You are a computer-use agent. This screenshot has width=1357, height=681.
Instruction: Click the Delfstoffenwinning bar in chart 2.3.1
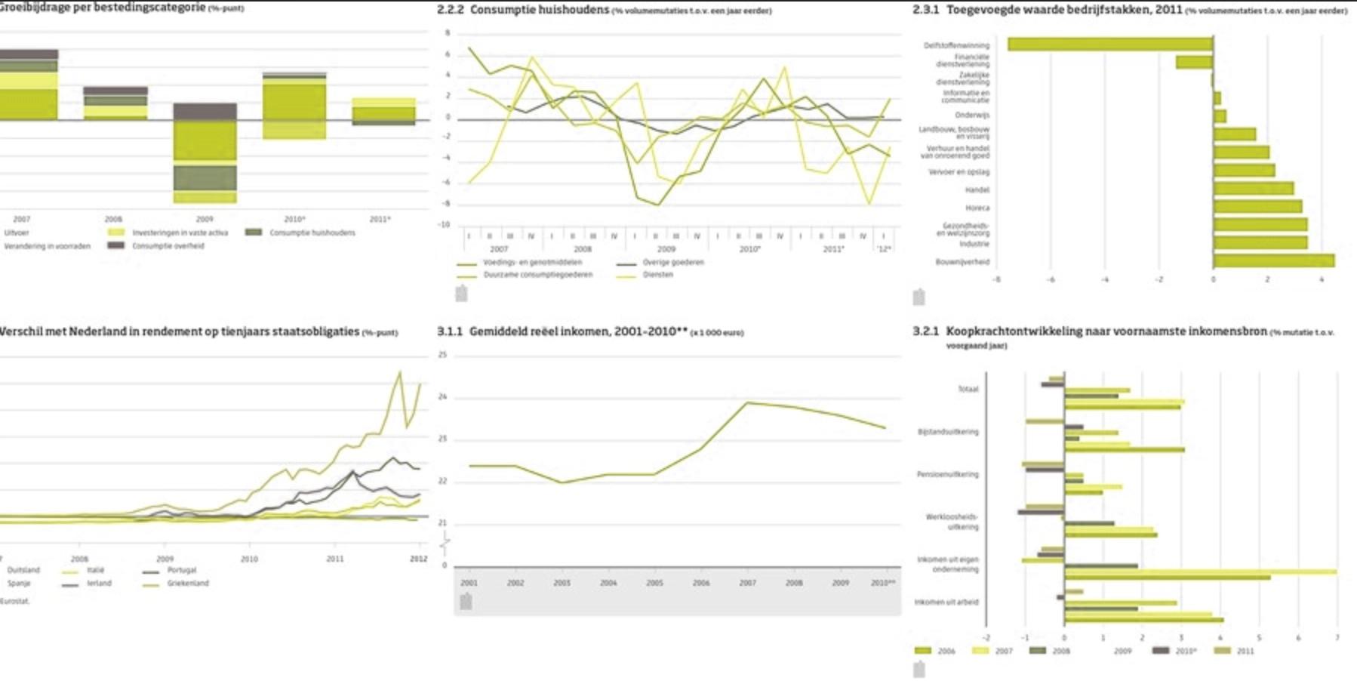pos(1109,44)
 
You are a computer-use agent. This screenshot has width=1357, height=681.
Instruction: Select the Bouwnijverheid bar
pos(1274,260)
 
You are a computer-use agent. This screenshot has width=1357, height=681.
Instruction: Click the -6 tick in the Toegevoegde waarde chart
pos(1050,279)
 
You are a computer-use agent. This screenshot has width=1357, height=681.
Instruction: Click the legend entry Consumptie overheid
pos(168,246)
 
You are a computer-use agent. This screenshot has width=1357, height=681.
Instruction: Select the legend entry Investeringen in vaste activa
pos(180,233)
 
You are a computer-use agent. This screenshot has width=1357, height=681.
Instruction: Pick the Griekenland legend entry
pos(188,584)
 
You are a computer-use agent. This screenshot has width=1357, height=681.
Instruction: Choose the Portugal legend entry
pos(182,570)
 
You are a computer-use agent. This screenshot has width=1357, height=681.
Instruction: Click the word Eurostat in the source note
pos(14,601)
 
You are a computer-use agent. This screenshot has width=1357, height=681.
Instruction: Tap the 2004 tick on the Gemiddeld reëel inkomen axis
pos(608,583)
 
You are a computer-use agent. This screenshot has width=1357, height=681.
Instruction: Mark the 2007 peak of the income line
pos(747,402)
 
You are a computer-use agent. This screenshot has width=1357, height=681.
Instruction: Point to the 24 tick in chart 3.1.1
pos(443,396)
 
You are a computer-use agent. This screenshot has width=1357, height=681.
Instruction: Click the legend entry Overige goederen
pos(673,263)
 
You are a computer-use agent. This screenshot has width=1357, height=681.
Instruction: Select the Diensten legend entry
pos(657,275)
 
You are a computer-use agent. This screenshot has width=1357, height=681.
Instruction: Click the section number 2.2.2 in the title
pos(450,10)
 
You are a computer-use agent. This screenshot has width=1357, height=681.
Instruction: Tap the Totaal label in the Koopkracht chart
pos(968,389)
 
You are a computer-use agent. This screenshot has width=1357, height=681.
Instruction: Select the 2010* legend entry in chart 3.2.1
pos(1186,651)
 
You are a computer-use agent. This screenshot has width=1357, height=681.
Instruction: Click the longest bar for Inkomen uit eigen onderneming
pos(1200,572)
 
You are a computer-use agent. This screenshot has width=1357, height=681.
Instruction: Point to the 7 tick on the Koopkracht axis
pos(1337,638)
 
